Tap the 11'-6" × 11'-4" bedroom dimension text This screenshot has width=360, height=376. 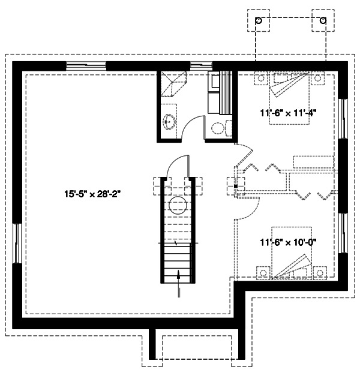[x=288, y=112]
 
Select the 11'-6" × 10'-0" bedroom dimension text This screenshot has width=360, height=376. [x=288, y=242]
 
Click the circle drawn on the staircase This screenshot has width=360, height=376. [x=178, y=207]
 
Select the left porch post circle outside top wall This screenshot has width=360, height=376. [x=259, y=21]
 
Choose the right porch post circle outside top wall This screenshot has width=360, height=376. [x=323, y=21]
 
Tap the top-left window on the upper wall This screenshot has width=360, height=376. [x=86, y=65]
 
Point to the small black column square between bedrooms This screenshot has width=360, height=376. [x=236, y=187]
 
